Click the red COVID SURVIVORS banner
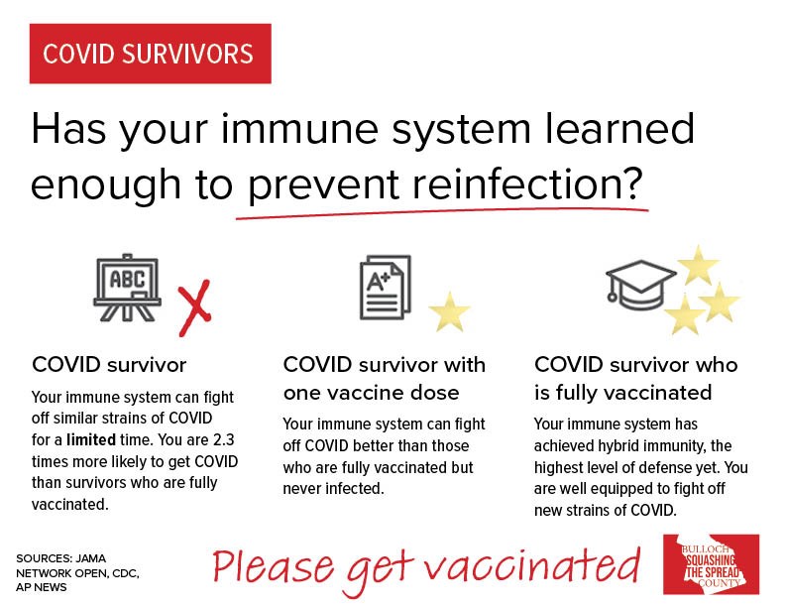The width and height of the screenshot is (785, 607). pos(151,54)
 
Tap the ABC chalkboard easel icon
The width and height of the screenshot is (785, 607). pos(127,288)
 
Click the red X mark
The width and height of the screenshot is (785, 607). pos(194,307)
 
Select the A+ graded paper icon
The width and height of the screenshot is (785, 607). pos(385,287)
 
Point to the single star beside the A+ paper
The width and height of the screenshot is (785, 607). pos(449,312)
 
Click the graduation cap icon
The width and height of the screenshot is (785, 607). pos(640,285)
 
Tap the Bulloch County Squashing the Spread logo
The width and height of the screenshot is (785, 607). pos(711,564)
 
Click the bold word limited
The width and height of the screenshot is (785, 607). pos(91,439)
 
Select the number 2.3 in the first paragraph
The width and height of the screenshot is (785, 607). pos(223,439)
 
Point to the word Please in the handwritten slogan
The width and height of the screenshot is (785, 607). pos(274,566)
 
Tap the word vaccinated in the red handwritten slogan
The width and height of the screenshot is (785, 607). pos(532,565)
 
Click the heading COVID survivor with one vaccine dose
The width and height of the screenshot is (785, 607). pos(385,378)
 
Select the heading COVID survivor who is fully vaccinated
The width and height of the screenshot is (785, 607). pos(635,378)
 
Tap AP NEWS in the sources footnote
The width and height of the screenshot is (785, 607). pos(41,587)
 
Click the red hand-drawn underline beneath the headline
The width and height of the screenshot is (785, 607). pos(442,213)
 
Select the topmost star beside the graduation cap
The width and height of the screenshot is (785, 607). pos(698,266)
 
